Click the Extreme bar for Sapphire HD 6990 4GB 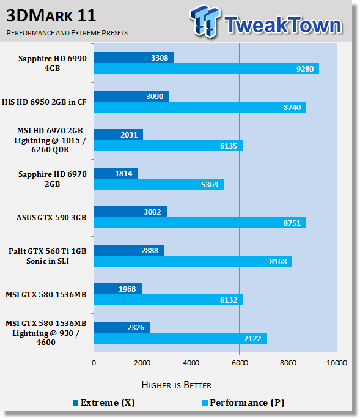tap(134, 57)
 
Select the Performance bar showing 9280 tap(207, 69)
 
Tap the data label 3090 tap(155, 96)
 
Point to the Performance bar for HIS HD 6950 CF tap(200, 107)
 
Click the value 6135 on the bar tap(229, 146)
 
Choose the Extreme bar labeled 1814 tap(116, 173)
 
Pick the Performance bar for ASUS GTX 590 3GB tap(200, 223)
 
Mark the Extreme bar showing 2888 tap(129, 250)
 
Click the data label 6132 tap(229, 300)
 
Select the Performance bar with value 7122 tap(180, 338)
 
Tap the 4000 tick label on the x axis tap(191, 363)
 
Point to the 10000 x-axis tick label tap(337, 363)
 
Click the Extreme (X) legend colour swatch tap(76, 402)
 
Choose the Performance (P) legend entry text tap(247, 402)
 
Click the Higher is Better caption tap(176, 385)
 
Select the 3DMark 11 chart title tap(51, 16)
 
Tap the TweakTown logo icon tap(205, 21)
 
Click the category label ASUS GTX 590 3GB tap(51, 218)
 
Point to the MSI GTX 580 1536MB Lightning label tap(46, 333)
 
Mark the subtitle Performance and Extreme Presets tap(67, 33)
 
